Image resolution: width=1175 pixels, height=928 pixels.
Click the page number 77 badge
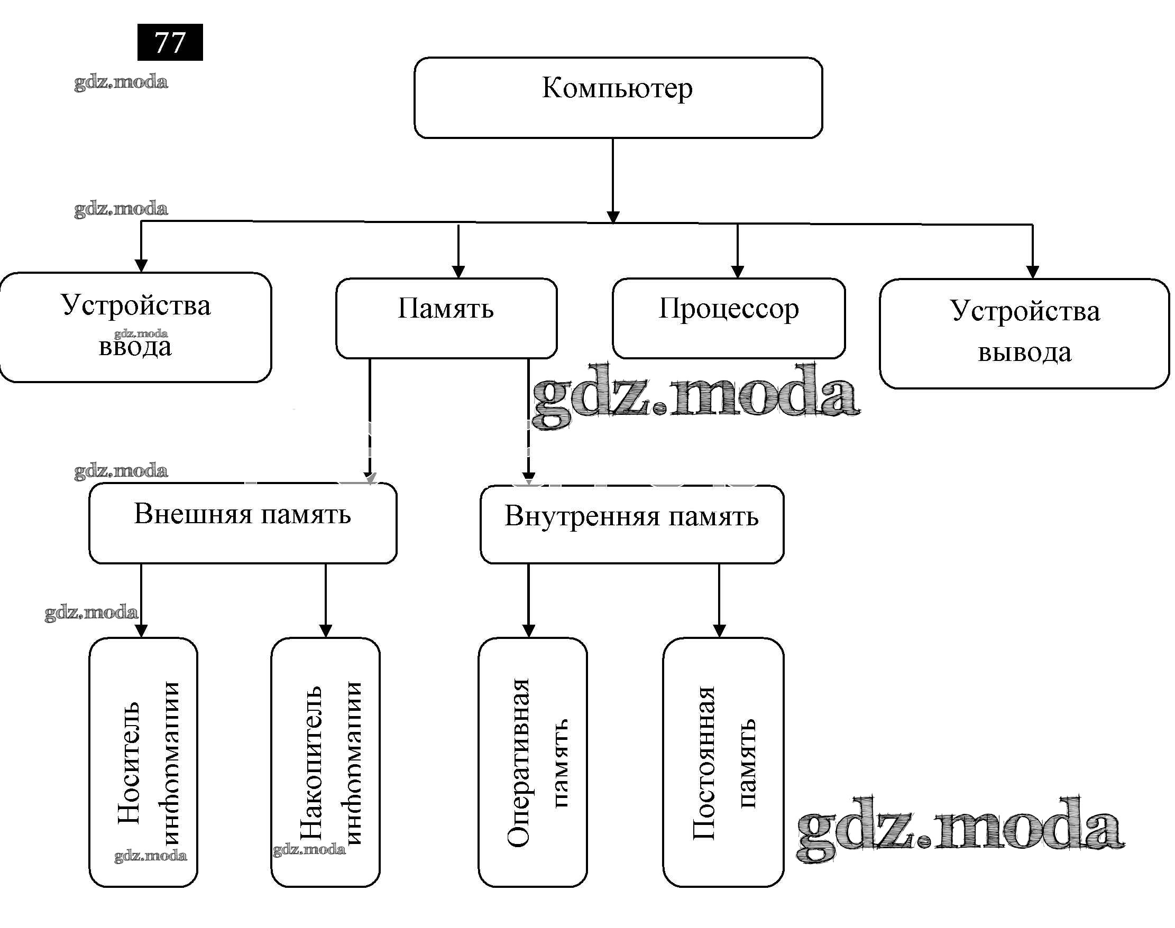coord(170,42)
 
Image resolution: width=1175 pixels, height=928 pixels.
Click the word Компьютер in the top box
coord(617,88)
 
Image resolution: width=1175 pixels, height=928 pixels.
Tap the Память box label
coord(446,309)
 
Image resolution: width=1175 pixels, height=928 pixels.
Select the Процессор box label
coord(729,309)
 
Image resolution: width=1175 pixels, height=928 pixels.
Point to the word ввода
coord(135,347)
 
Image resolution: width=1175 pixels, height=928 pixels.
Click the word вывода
coord(1024,352)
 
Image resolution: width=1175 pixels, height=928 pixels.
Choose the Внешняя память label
coord(243,514)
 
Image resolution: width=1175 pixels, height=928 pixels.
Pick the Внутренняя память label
coord(631,516)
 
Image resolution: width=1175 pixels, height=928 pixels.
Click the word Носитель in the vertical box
coord(130,763)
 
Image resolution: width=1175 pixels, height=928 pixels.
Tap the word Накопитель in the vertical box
coord(311,763)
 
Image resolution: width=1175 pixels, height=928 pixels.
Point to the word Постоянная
coord(704,763)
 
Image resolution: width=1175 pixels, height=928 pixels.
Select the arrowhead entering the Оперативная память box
coord(528,631)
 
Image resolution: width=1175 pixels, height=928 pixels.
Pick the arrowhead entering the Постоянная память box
coord(719,631)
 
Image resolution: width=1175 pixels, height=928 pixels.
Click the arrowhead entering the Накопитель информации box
coord(326,631)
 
